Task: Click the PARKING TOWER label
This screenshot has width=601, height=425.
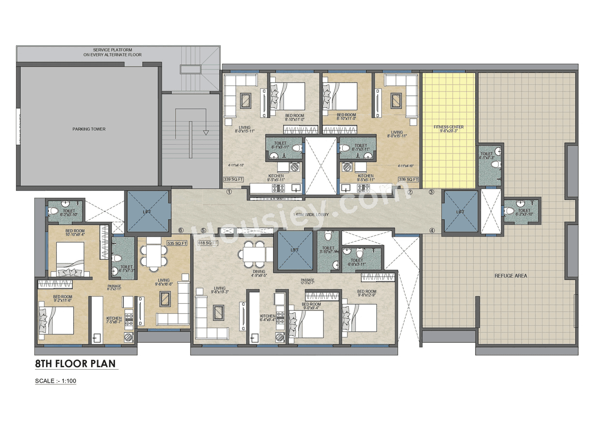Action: [89, 129]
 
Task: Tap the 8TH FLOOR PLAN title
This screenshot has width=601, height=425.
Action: [75, 363]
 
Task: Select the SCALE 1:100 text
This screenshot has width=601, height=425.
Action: [55, 381]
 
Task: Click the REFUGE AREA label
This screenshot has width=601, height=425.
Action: [510, 276]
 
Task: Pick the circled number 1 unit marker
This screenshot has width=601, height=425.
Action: [229, 192]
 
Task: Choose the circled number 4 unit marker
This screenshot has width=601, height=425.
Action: [431, 230]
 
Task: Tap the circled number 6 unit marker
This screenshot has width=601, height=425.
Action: [181, 230]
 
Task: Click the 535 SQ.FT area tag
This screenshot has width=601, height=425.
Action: [177, 243]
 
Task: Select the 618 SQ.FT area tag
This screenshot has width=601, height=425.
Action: [208, 243]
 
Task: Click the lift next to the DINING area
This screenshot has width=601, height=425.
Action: [294, 250]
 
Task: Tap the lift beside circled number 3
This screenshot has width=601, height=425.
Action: [460, 212]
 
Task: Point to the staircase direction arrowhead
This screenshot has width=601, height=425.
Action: [206, 132]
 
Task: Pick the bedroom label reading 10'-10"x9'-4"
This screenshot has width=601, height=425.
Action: [75, 233]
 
